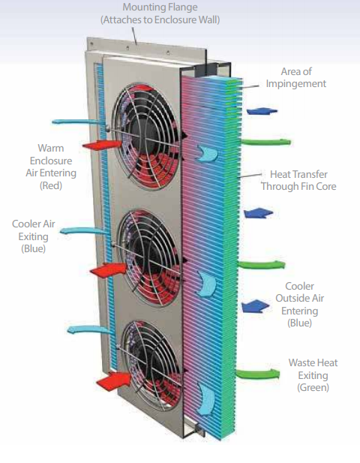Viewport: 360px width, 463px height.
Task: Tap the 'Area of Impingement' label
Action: [x=296, y=77]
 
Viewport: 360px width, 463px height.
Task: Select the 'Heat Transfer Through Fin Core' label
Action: [x=298, y=180]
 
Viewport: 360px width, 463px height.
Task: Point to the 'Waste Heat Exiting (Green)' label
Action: [x=313, y=375]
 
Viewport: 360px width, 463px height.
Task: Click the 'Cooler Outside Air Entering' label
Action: [x=299, y=305]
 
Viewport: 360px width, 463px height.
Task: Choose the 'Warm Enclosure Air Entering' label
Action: [x=51, y=167]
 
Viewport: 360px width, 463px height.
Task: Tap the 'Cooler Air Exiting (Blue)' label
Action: [x=33, y=236]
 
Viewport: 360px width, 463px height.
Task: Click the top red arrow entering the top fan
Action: [x=102, y=145]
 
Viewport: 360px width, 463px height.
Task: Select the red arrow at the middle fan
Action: [x=109, y=269]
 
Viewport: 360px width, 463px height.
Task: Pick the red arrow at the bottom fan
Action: [x=114, y=381]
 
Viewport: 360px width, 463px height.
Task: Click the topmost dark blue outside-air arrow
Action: [x=262, y=111]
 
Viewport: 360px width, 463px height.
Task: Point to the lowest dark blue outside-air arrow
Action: [x=255, y=306]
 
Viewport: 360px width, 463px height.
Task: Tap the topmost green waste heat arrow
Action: [x=266, y=142]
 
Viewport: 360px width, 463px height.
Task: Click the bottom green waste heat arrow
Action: [x=258, y=374]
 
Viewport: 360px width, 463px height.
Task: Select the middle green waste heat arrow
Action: [x=262, y=265]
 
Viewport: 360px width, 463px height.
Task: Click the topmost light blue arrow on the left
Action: [x=77, y=122]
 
